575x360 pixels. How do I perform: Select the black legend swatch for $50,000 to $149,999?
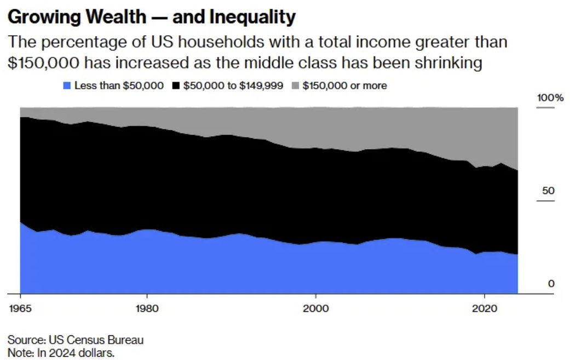176,85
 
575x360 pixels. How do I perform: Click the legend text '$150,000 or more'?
344,85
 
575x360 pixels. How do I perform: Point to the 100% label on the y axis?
550,98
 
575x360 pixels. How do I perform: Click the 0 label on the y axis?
551,283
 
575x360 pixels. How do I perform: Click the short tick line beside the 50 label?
545,201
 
